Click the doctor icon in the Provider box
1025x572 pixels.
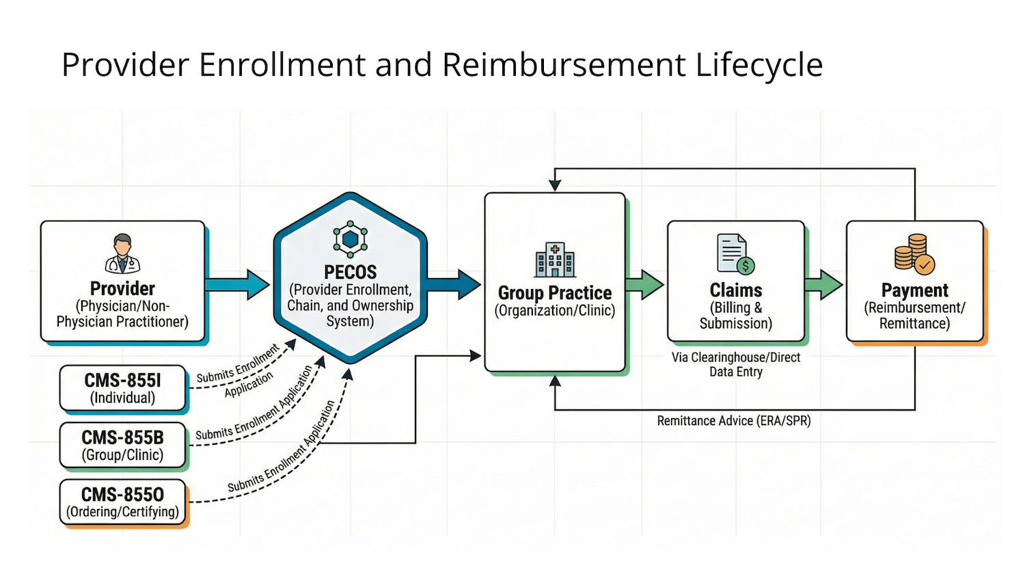pos(122,254)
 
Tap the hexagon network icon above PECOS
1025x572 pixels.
pos(351,239)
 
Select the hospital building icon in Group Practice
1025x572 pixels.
pos(555,260)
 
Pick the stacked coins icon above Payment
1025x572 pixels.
pos(914,254)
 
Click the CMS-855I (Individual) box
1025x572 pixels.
pos(122,388)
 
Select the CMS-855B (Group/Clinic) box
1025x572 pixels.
pos(122,446)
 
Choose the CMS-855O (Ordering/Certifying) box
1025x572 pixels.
pos(122,502)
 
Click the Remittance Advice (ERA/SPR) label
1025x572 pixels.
pos(734,421)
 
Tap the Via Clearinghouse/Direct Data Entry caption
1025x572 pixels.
pos(735,365)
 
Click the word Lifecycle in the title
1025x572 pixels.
pos(758,66)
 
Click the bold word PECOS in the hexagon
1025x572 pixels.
pos(351,272)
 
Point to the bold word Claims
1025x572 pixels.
pos(735,290)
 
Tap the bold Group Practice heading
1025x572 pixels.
pos(555,293)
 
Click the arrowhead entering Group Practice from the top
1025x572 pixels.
pos(555,185)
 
